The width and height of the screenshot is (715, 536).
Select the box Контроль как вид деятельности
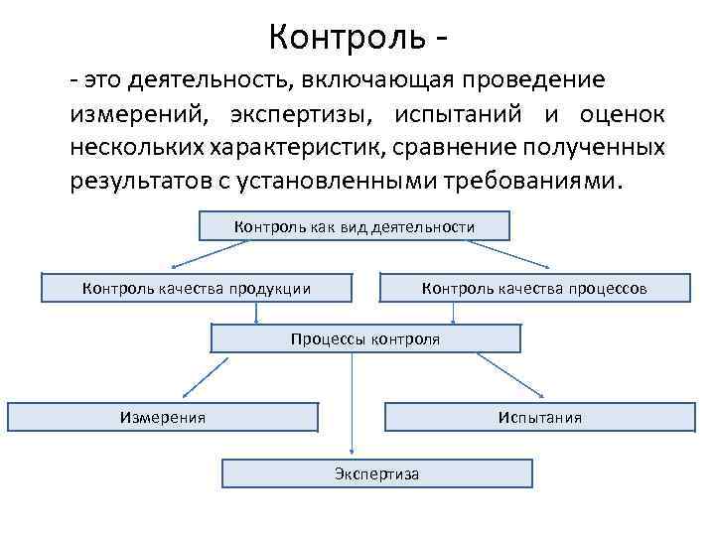point(355,227)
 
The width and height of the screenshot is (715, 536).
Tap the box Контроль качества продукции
point(197,288)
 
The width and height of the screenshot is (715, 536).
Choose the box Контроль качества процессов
point(534,288)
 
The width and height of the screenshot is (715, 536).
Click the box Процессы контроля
point(365,339)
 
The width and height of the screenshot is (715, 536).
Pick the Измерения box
point(163,417)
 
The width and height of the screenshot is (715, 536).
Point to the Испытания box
point(540,417)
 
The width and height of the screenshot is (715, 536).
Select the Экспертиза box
point(377,473)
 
